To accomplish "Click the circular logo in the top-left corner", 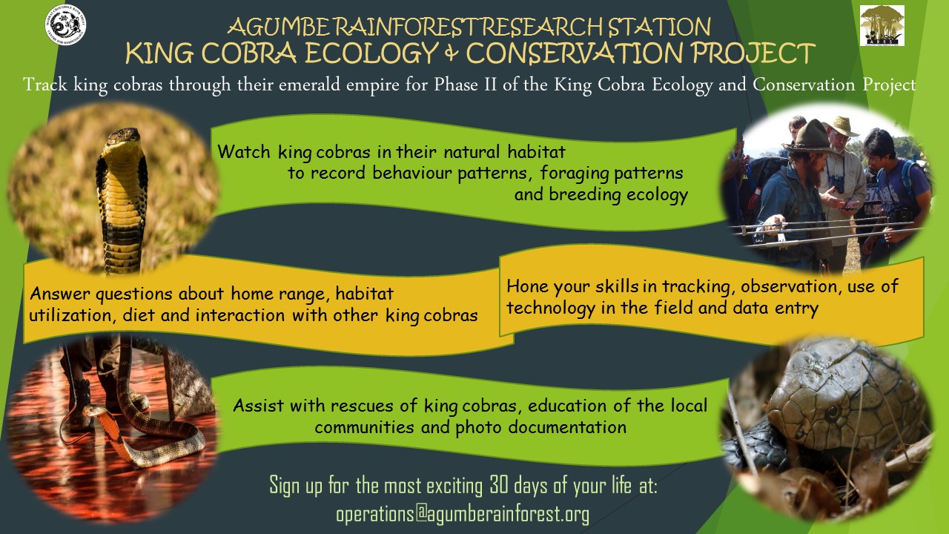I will (65, 24).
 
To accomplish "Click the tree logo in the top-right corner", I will (882, 25).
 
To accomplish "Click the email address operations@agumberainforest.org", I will (463, 513).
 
